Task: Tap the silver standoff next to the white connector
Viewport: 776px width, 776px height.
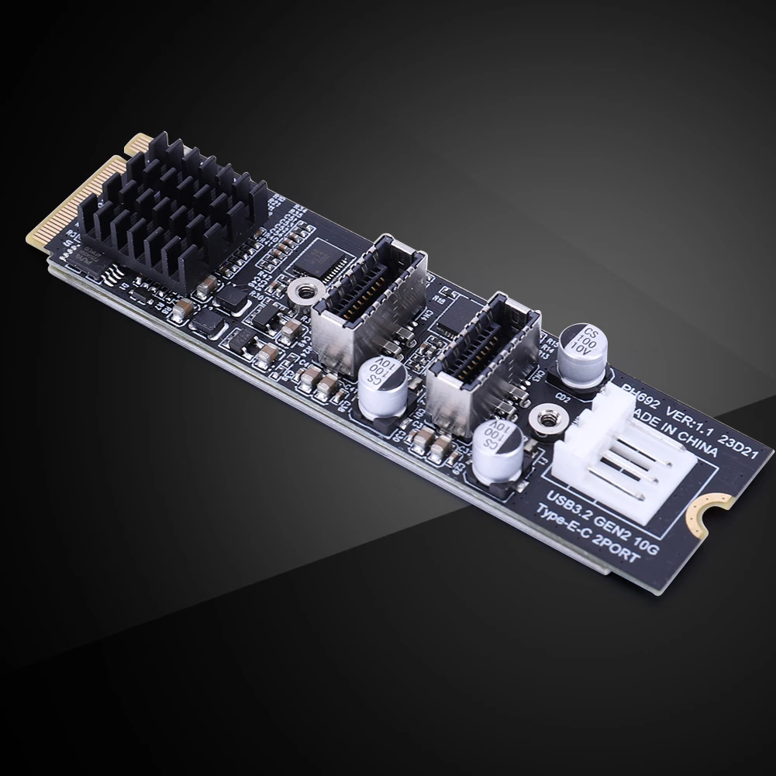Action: [542, 419]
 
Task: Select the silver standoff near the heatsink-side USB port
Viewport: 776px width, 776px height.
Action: [300, 295]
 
